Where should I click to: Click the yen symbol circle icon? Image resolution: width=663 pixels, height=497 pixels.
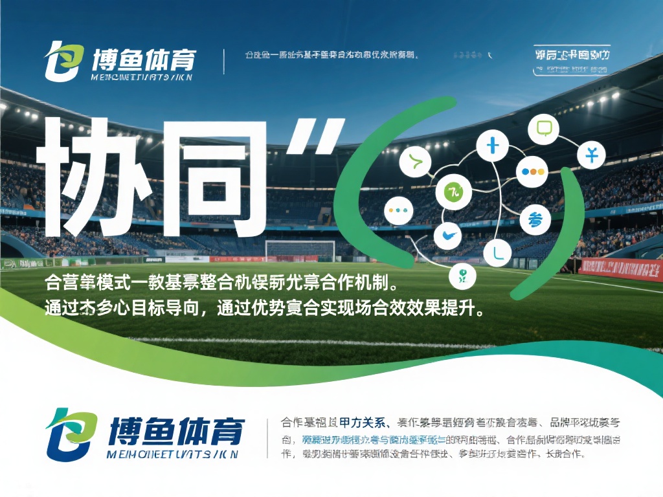pyautogui.click(x=590, y=156)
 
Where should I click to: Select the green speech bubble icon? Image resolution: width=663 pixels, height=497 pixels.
pyautogui.click(x=543, y=129)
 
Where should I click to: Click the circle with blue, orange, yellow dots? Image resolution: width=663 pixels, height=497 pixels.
pyautogui.click(x=534, y=172)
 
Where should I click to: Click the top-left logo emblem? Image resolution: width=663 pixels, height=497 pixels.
pyautogui.click(x=64, y=62)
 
